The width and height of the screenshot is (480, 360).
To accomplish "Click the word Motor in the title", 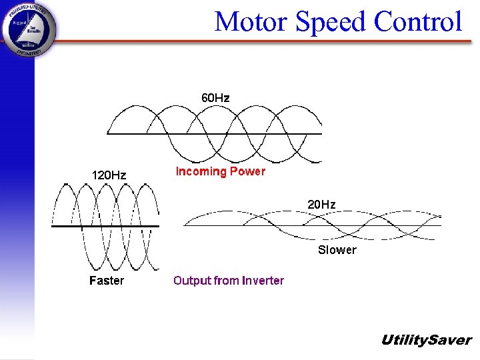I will pyautogui.click(x=251, y=22).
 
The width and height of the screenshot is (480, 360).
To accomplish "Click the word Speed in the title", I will pyautogui.click(x=331, y=22).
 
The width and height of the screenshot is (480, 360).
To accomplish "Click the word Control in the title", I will pyautogui.click(x=418, y=22).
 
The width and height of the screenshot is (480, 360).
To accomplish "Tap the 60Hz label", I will pyautogui.click(x=215, y=98).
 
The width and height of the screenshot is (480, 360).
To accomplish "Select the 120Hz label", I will pyautogui.click(x=109, y=175).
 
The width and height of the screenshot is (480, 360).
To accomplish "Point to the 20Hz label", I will pyautogui.click(x=321, y=204).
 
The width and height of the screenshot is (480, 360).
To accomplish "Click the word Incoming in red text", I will pyautogui.click(x=201, y=171).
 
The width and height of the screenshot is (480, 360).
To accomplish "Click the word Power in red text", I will pyautogui.click(x=247, y=171).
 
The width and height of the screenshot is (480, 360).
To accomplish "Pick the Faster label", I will pyautogui.click(x=107, y=281).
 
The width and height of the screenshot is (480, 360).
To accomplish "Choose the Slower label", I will pyautogui.click(x=337, y=250).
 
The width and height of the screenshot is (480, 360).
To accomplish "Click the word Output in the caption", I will pyautogui.click(x=191, y=281).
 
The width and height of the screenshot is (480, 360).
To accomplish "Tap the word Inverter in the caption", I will pyautogui.click(x=263, y=281).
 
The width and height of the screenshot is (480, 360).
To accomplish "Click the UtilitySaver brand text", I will pyautogui.click(x=425, y=340).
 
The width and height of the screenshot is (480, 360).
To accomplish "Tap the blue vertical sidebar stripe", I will pyautogui.click(x=17, y=200).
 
